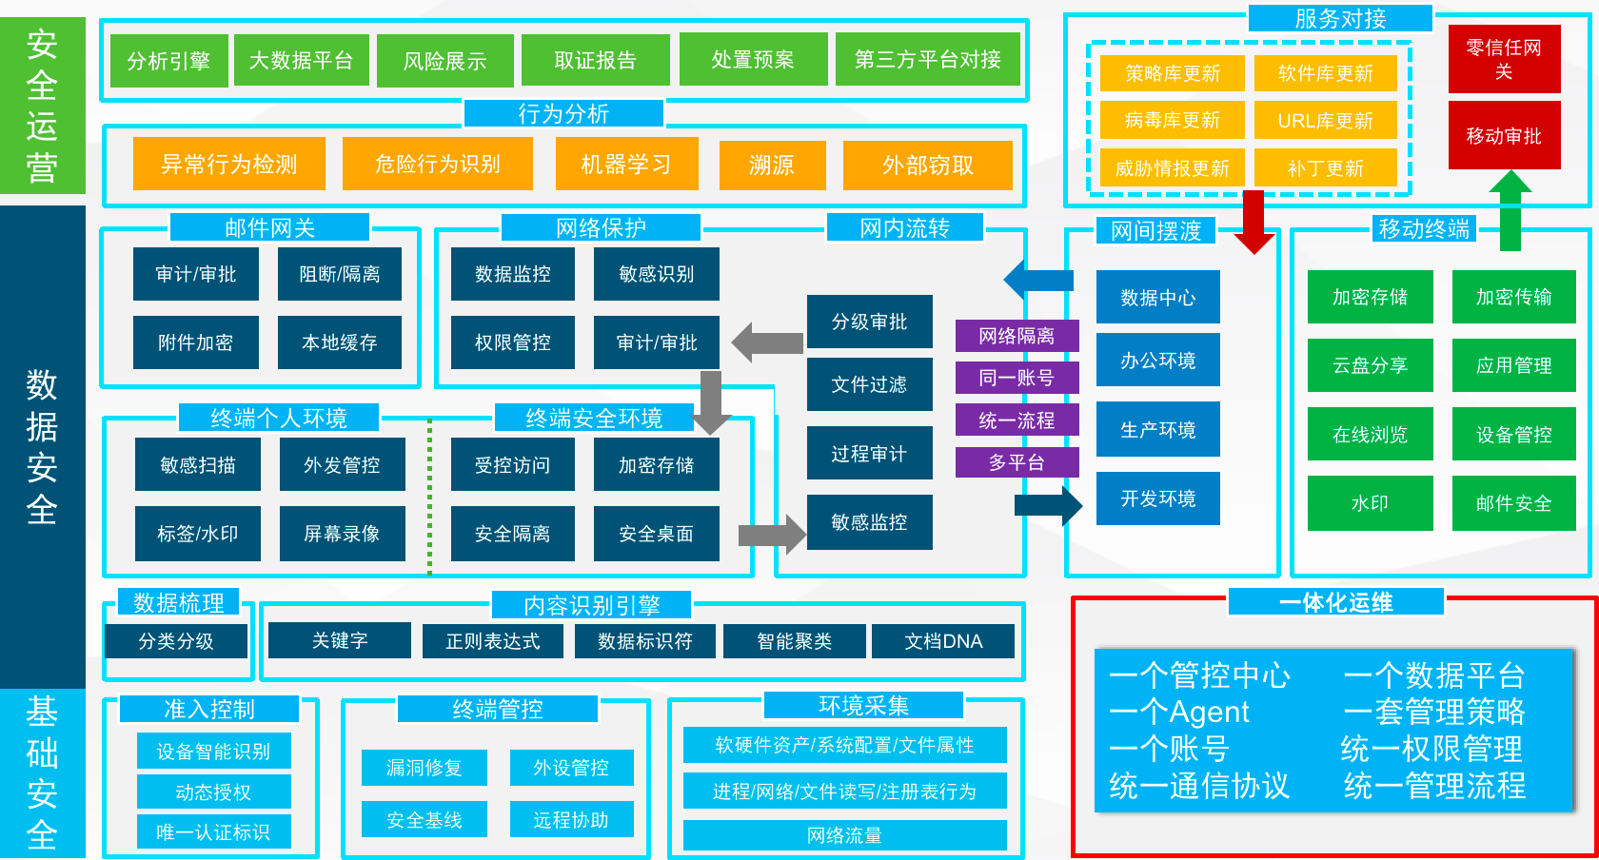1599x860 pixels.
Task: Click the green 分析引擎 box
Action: tap(168, 61)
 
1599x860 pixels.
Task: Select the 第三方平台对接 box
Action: tap(927, 60)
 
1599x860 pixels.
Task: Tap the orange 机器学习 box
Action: tap(626, 165)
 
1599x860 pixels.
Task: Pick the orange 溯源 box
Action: tap(771, 165)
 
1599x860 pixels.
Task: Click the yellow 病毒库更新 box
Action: tap(1172, 121)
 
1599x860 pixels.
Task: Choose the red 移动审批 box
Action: tap(1504, 136)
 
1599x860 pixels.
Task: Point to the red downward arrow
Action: tap(1254, 223)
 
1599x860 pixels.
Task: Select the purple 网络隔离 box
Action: tap(1017, 336)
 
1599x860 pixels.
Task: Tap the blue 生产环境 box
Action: tap(1157, 430)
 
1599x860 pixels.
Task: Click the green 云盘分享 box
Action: tap(1370, 365)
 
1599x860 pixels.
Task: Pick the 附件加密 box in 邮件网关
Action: tap(195, 342)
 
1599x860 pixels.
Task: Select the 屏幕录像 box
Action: tap(342, 534)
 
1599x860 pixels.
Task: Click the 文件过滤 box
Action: tap(869, 384)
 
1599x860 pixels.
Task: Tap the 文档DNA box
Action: tap(943, 641)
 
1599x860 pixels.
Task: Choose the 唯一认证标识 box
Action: tap(213, 832)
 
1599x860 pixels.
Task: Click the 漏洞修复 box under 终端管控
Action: tap(424, 768)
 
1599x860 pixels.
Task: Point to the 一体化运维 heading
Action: tap(1336, 602)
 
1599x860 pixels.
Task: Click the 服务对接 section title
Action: tap(1339, 19)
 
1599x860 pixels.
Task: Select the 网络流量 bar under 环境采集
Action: tap(844, 835)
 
